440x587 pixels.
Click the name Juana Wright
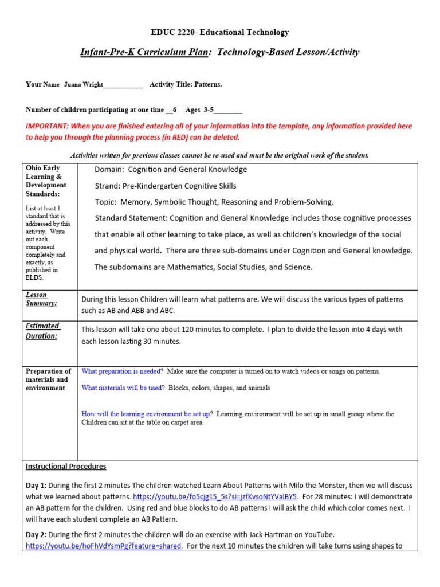tap(82, 84)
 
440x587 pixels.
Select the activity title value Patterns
tap(209, 84)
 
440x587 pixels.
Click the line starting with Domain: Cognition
tap(171, 169)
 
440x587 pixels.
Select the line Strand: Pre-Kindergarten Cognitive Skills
tap(165, 186)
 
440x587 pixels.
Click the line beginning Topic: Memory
tap(214, 202)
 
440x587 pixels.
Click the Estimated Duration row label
tap(42, 331)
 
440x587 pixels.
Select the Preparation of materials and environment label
tap(48, 379)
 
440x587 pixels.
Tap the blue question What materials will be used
tap(122, 388)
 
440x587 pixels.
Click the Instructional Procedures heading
tap(66, 467)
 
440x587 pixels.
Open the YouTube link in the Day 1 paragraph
tap(215, 496)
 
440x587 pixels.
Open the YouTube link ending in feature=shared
tap(104, 546)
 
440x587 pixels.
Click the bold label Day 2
tap(36, 534)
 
